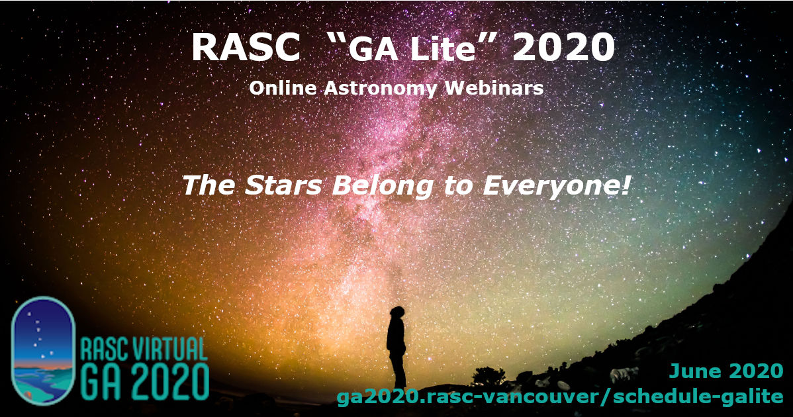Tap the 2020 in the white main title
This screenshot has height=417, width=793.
point(563,48)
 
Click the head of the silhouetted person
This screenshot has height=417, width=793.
point(397,313)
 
